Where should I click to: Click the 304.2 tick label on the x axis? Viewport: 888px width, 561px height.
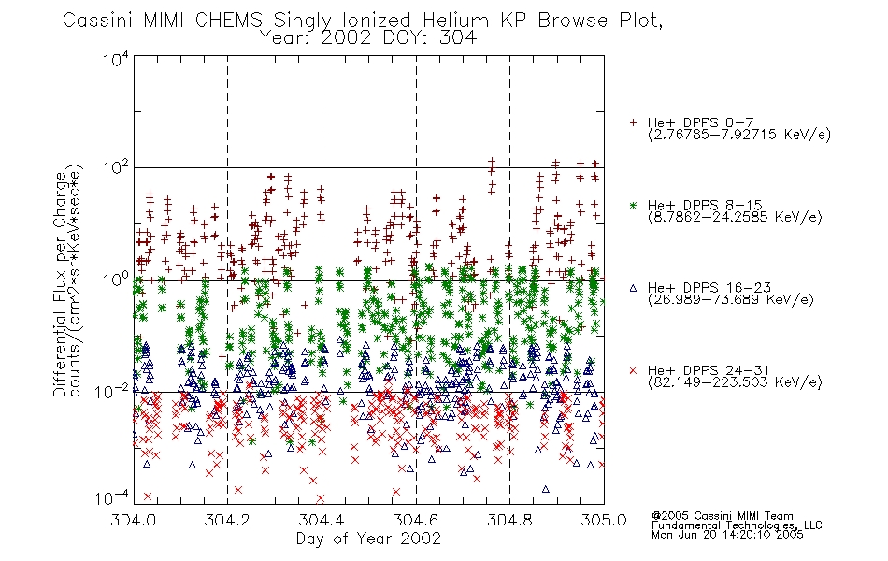click(x=227, y=520)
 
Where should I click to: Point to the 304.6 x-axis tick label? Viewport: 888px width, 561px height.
click(x=416, y=520)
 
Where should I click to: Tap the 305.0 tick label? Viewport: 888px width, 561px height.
click(x=604, y=520)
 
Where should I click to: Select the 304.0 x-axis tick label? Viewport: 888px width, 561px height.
click(x=134, y=520)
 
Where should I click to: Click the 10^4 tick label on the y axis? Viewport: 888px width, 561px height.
click(x=115, y=59)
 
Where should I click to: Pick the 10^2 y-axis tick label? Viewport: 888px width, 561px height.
click(x=115, y=168)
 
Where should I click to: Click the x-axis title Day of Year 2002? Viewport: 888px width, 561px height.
click(x=368, y=539)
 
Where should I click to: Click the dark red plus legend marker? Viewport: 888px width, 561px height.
click(x=633, y=122)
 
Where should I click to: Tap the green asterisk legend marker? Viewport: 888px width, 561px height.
click(x=633, y=205)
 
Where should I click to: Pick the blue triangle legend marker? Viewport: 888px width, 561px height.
click(x=633, y=288)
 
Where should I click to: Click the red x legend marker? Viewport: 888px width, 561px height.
click(x=633, y=370)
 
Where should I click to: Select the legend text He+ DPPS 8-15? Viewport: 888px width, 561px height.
click(x=705, y=205)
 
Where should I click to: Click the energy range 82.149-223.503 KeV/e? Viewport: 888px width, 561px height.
click(x=735, y=382)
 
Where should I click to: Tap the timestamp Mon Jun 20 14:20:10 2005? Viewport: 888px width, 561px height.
click(x=727, y=535)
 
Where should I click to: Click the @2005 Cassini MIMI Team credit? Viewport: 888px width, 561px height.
click(x=722, y=516)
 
